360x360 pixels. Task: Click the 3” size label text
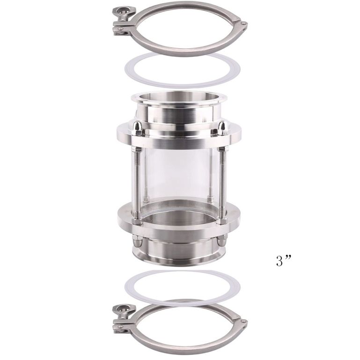pos(284,261)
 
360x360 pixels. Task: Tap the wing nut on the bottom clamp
pos(123,309)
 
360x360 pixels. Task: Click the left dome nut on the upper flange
pos(138,127)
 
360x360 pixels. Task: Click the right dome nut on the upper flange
pos(222,127)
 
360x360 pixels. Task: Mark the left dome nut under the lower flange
pos(137,242)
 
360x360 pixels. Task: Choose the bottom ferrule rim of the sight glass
pos(179,257)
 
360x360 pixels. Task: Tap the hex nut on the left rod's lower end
pos(137,216)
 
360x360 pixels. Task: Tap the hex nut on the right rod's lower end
pos(222,215)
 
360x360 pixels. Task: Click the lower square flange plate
pos(179,229)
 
